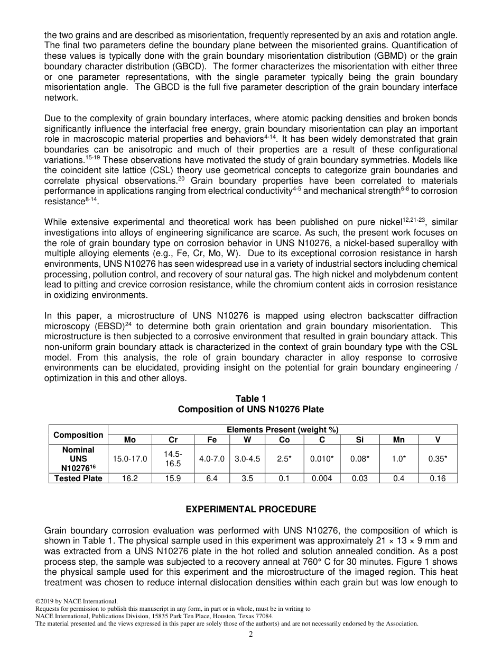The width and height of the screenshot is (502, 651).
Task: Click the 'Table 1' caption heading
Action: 250,399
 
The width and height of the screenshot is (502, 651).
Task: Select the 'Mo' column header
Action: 129,440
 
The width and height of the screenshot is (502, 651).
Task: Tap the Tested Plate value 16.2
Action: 129,478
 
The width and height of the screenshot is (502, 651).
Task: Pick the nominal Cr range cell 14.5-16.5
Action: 173,459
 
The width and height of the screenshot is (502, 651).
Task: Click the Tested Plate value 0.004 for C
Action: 322,478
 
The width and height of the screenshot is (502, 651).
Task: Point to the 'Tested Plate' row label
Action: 78,478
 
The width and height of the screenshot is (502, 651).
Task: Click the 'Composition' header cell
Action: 78,435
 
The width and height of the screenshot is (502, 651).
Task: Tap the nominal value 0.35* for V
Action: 438,459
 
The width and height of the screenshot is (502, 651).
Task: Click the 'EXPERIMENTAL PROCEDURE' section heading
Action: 250,509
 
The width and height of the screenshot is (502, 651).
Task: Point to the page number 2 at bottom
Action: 251,635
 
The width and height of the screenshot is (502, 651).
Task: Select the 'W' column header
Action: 247,440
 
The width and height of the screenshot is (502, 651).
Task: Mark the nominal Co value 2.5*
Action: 284,459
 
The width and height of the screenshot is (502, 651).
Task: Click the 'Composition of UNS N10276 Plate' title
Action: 250,409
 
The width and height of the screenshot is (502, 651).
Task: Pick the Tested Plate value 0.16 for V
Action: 438,478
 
